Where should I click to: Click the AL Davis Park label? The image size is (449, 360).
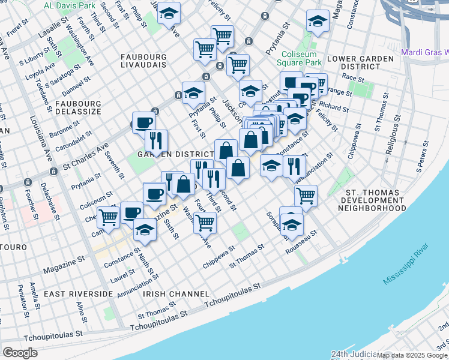(70, 5)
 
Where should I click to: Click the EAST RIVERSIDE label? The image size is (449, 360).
(79, 294)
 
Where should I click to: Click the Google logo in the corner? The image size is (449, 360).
(20, 353)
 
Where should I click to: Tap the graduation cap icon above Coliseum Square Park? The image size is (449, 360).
(317, 22)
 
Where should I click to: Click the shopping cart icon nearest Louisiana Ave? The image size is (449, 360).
(109, 217)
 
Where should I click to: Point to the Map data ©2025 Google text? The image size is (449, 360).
(411, 355)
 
